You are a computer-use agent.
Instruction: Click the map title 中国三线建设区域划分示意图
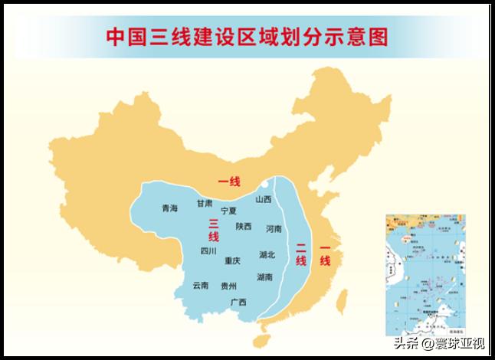click(x=247, y=37)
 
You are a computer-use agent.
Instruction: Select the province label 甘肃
click(x=205, y=203)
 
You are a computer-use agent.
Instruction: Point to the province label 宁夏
click(x=228, y=211)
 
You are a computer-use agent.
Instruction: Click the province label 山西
click(x=264, y=199)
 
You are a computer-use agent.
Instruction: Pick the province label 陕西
click(x=244, y=226)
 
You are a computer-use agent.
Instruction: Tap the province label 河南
click(x=274, y=228)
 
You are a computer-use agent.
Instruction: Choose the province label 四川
click(x=208, y=250)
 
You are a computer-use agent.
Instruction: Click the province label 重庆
click(x=233, y=260)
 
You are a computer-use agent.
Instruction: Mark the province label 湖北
click(x=267, y=254)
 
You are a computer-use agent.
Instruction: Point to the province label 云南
click(x=201, y=285)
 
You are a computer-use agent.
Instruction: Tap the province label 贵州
click(x=228, y=286)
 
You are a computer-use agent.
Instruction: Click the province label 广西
click(x=238, y=303)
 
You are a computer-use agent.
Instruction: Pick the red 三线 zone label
click(x=214, y=230)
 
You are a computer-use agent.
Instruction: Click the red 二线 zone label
click(x=301, y=254)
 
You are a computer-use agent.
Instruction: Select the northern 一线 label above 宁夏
click(x=229, y=182)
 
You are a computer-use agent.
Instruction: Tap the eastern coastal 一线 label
click(x=325, y=255)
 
